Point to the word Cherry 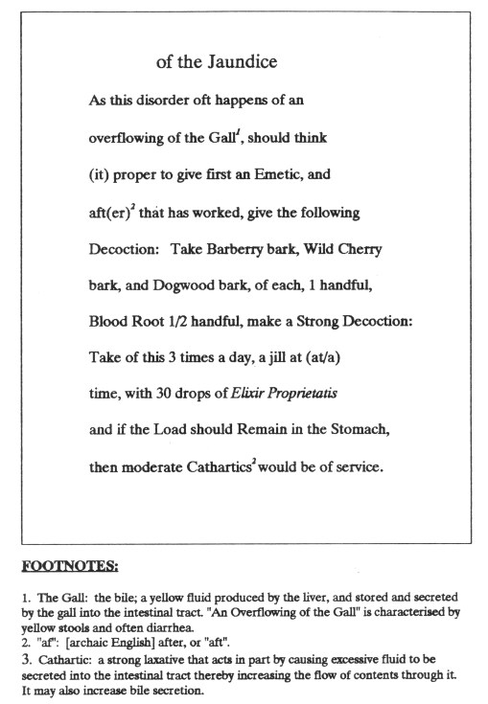tap(360, 249)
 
